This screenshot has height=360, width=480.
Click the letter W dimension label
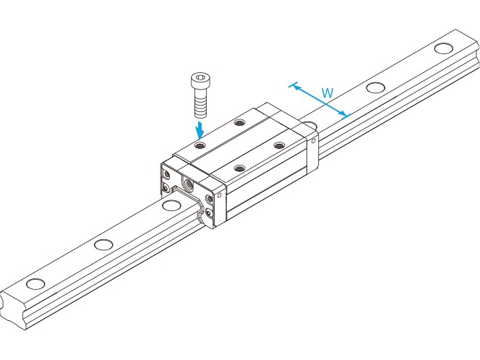point(327,93)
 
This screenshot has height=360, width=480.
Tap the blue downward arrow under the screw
point(200,130)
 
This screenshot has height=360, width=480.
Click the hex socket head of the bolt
point(200,80)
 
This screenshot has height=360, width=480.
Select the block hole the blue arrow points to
point(200,145)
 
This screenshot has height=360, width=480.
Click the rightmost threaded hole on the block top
point(278,145)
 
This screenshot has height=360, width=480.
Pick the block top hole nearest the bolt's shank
point(239,123)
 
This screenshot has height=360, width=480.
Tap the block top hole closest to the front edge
point(239,168)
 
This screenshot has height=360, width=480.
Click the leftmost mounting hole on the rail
point(35,284)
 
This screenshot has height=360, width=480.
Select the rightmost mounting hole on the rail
point(443,48)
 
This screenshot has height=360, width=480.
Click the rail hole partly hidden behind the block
point(310,124)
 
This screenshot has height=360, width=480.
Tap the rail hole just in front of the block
point(171,205)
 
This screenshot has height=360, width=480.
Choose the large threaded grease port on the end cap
point(188,184)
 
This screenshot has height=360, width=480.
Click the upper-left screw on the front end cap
point(167,175)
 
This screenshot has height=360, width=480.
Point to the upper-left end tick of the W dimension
point(293,85)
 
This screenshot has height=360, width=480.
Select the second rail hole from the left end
point(103,244)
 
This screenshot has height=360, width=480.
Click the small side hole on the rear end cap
point(313,141)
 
